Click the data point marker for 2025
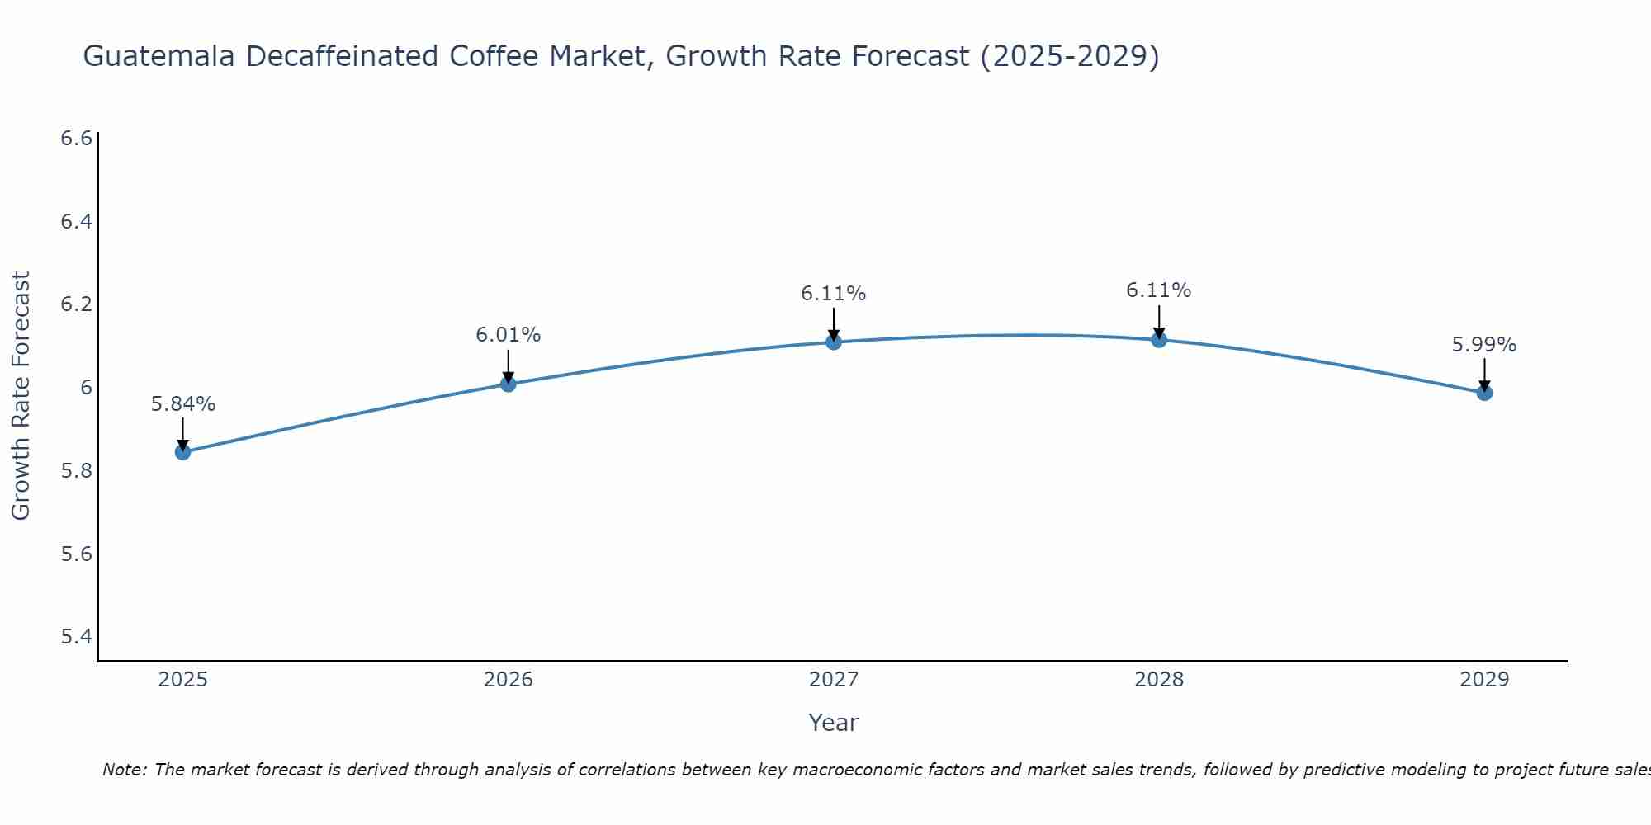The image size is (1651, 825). point(182,452)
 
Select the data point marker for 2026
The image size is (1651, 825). point(508,384)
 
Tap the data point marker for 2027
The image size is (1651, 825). point(833,342)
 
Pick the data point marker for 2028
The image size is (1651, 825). point(1158,339)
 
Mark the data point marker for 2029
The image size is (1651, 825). point(1483,393)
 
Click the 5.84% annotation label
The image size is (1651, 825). point(182,404)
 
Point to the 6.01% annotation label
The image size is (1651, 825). point(508,335)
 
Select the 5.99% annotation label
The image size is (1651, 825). point(1483,345)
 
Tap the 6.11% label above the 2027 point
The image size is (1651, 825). point(833,294)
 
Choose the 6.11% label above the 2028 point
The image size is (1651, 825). point(1158,290)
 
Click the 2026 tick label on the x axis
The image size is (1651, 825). point(508,680)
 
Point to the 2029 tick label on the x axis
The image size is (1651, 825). point(1483,680)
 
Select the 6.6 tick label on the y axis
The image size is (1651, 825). point(76,139)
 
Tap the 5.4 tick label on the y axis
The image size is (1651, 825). point(76,637)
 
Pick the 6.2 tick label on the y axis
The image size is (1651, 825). point(76,304)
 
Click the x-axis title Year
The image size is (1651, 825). point(833,723)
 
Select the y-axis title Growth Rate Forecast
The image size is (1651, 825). point(21,396)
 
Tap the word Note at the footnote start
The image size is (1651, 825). point(124,770)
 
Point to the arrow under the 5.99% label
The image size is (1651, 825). point(1483,373)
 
